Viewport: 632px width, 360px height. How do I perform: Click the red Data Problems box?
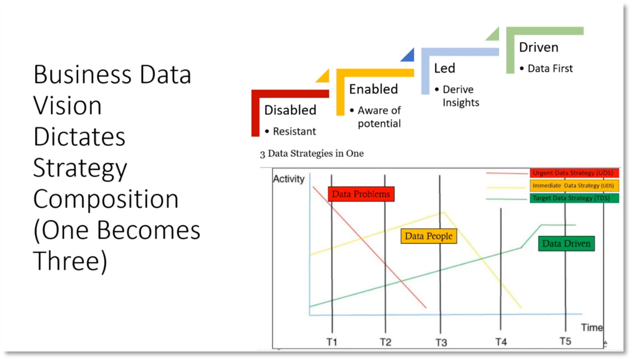(x=361, y=194)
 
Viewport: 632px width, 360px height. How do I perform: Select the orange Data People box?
(x=429, y=236)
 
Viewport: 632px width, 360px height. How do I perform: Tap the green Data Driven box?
(x=566, y=243)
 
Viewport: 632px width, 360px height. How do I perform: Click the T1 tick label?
(x=332, y=342)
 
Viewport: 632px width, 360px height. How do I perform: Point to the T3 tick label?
(x=441, y=342)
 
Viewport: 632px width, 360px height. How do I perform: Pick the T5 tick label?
(x=565, y=342)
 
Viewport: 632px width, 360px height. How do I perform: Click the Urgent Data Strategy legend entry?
(x=574, y=173)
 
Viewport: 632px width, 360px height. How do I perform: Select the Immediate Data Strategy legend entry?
(x=574, y=186)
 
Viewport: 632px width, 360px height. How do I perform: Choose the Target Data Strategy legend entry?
(x=574, y=198)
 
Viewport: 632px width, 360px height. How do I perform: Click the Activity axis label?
(x=289, y=179)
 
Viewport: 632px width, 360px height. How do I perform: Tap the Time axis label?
(x=591, y=327)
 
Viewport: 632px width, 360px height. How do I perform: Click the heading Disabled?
(x=290, y=110)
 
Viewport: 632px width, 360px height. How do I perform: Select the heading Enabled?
(x=374, y=89)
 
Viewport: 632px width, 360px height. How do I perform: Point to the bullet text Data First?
(x=550, y=68)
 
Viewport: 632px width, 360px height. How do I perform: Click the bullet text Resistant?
(x=294, y=131)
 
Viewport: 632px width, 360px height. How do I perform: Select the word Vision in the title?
(x=68, y=105)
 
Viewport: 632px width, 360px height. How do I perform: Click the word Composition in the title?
(x=106, y=199)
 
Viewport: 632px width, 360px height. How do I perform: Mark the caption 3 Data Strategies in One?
(x=312, y=153)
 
